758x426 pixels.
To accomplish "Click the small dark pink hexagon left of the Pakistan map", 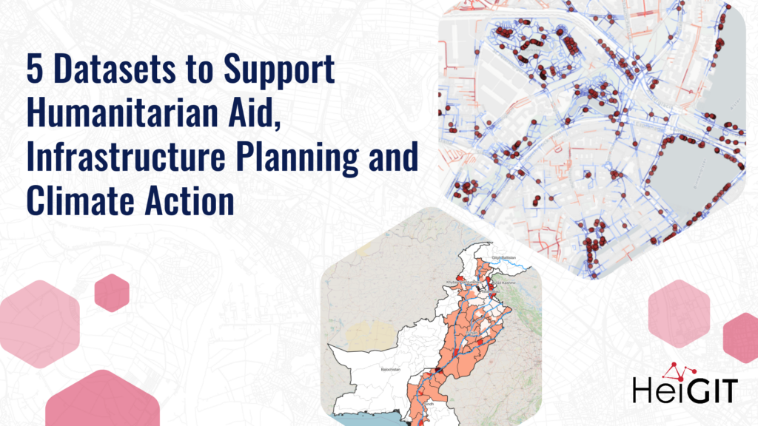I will point(112,293).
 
